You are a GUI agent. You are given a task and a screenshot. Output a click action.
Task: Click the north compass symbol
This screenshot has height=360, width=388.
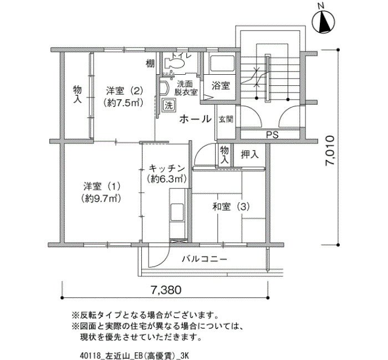click(323, 21)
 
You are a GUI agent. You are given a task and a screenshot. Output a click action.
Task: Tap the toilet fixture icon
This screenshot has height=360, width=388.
click(174, 63)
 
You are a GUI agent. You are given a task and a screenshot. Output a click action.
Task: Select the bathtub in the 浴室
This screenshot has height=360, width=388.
click(222, 64)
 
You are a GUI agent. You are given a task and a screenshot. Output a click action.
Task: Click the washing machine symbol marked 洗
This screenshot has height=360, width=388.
click(169, 106)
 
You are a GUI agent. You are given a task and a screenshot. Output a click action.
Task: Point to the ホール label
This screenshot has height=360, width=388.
click(195, 119)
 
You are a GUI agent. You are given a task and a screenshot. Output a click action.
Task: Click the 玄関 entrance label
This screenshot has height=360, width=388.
click(226, 120)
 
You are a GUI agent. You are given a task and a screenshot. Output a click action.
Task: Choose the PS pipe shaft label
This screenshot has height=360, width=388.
click(272, 135)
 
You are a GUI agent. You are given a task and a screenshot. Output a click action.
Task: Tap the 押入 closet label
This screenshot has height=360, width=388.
click(249, 155)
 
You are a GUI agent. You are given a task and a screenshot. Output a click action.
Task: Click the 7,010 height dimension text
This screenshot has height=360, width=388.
click(330, 151)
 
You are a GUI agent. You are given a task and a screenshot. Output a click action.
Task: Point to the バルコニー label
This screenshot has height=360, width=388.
click(205, 259)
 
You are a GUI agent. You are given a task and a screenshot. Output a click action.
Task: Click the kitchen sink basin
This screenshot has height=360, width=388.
click(177, 212)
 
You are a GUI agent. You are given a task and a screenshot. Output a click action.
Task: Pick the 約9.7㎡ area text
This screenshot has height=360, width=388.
click(101, 198)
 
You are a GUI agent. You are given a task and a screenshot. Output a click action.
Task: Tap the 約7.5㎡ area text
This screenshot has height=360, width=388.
click(124, 102)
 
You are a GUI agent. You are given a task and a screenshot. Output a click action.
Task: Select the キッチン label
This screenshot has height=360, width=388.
click(166, 168)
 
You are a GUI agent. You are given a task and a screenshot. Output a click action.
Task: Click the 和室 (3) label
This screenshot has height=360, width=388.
click(231, 207)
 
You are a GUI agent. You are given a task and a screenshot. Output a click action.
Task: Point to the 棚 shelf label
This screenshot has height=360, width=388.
click(150, 64)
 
